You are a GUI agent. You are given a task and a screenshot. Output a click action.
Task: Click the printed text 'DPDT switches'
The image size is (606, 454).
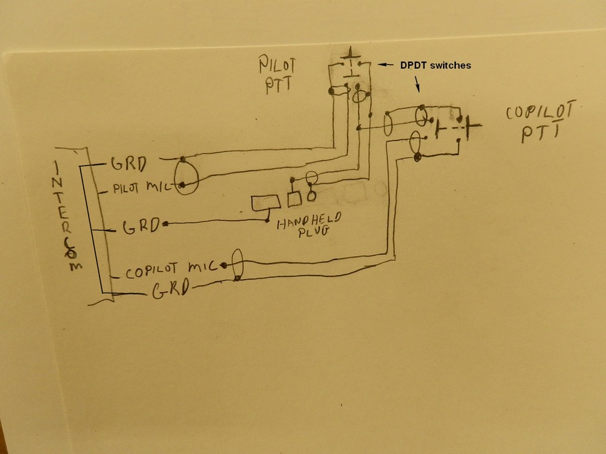tap(434, 66)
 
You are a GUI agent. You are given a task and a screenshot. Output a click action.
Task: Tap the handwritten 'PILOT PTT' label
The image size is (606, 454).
tap(277, 74)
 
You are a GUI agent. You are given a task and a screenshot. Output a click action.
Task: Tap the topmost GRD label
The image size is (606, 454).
tap(129, 164)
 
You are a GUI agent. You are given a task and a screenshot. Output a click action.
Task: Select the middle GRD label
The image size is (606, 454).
tap(141, 226)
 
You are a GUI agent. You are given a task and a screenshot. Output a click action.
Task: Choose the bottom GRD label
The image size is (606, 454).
tap(170, 291)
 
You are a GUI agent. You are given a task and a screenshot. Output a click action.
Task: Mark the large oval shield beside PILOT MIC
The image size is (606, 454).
tap(186, 176)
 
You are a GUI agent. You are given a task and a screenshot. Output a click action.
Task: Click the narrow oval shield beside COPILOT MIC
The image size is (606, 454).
tap(237, 264)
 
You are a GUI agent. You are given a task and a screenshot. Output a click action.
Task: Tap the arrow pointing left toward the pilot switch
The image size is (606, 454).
tap(385, 65)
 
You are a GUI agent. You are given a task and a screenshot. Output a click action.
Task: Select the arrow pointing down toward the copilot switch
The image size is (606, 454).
tap(417, 83)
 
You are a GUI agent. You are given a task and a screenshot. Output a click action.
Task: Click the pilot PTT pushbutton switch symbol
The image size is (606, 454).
tap(350, 64)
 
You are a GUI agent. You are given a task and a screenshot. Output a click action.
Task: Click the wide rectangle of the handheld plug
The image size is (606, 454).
tap(266, 203)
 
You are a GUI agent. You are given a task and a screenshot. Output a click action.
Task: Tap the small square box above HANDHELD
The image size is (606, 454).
tap(294, 199)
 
